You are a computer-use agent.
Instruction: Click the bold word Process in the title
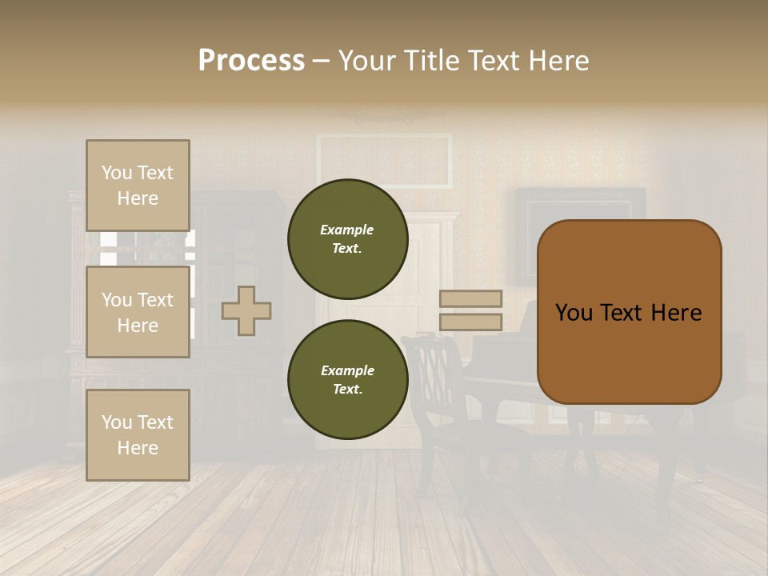click(x=251, y=61)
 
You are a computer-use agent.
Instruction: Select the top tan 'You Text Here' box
click(x=138, y=186)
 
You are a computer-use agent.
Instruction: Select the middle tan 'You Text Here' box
click(x=138, y=312)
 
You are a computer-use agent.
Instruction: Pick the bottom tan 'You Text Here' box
click(x=138, y=435)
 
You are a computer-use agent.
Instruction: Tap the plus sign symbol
click(x=246, y=310)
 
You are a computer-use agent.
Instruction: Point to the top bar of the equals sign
click(x=471, y=298)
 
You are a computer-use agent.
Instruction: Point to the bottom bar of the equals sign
click(x=471, y=322)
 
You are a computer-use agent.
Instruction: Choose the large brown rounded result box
click(x=629, y=352)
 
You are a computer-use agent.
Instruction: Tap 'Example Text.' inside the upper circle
click(x=347, y=238)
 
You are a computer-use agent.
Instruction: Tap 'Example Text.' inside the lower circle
click(x=347, y=380)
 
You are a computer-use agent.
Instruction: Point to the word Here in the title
click(x=556, y=61)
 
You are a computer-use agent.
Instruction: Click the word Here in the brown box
click(x=676, y=313)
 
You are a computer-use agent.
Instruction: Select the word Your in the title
click(x=370, y=61)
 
